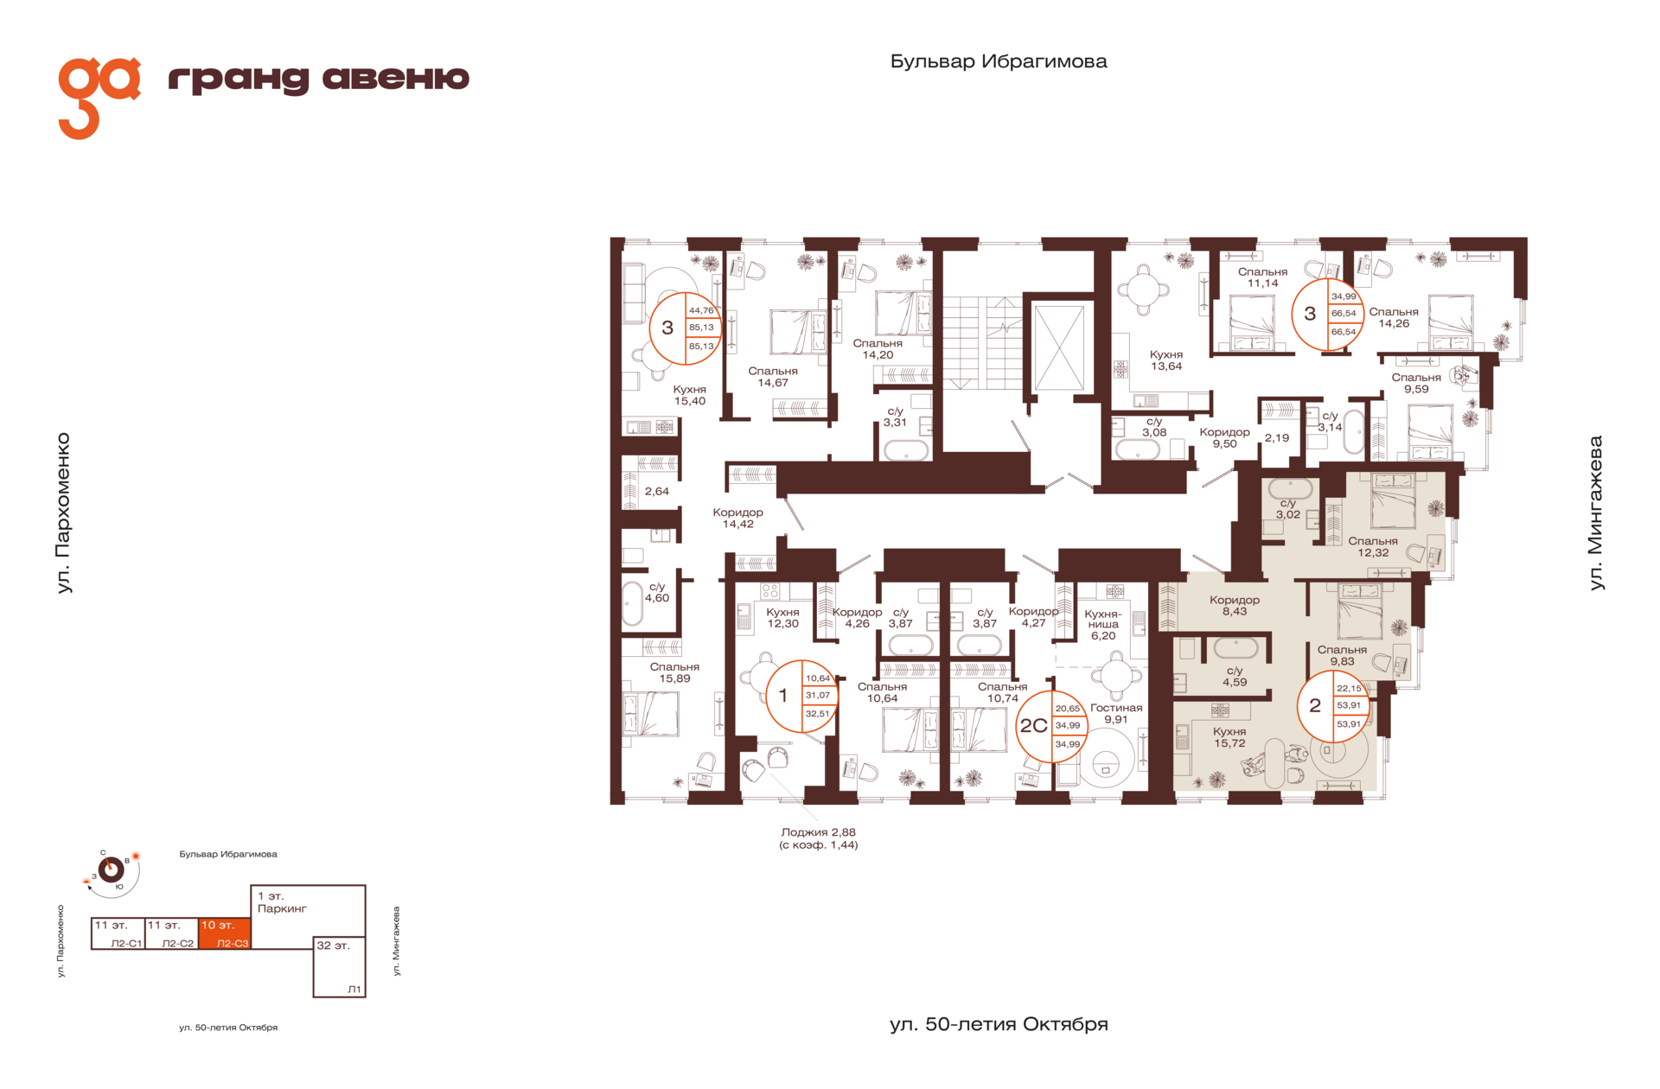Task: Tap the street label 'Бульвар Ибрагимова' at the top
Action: click(x=999, y=61)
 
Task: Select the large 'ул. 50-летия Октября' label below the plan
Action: click(x=999, y=1025)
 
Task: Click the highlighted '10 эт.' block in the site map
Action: click(x=224, y=933)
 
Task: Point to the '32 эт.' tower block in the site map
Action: click(x=339, y=967)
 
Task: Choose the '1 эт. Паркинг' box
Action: click(x=308, y=910)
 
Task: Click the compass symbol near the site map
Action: click(x=111, y=869)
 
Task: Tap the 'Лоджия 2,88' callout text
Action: click(x=818, y=832)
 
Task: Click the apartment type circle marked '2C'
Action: click(x=1050, y=726)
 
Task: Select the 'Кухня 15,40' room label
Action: click(x=690, y=396)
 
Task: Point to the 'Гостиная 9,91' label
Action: click(x=1116, y=713)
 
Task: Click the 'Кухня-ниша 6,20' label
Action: click(x=1103, y=625)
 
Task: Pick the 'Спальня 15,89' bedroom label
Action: click(x=674, y=672)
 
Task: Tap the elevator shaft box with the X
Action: click(x=1058, y=347)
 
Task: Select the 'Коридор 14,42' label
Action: click(x=737, y=518)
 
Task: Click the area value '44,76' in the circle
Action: click(x=701, y=311)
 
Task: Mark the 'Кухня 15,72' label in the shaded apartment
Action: click(x=1229, y=737)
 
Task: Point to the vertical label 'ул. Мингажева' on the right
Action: click(x=1596, y=513)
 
